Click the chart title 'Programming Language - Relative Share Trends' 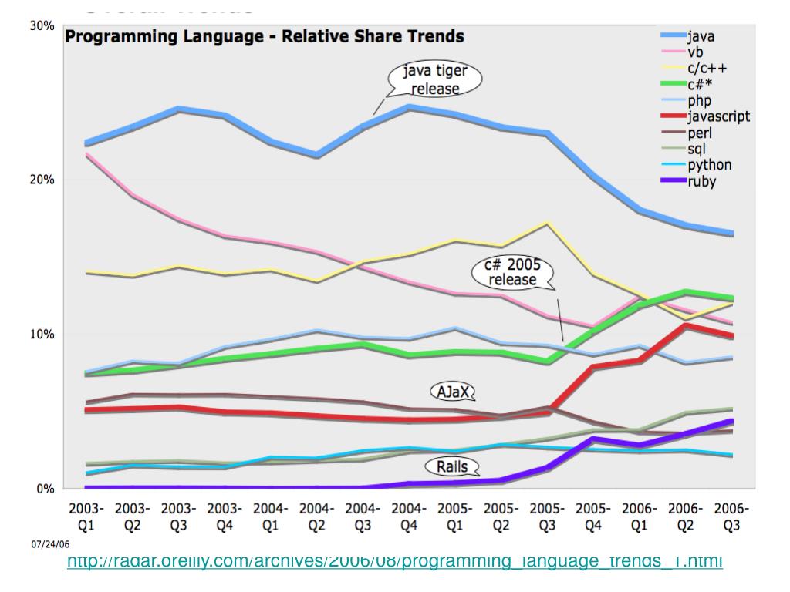point(264,36)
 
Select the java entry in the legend point(710,35)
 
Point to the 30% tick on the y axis point(42,25)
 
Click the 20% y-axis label point(42,180)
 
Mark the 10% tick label point(42,335)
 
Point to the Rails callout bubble point(451,466)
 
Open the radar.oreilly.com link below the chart point(395,560)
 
